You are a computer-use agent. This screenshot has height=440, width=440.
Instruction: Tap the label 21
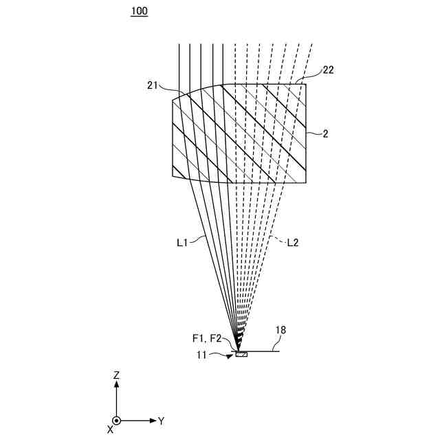click(x=153, y=85)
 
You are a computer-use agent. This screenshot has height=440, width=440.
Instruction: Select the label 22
click(x=329, y=70)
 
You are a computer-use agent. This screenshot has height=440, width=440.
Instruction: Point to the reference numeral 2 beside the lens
click(x=325, y=134)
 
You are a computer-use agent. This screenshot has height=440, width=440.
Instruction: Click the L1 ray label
click(x=181, y=242)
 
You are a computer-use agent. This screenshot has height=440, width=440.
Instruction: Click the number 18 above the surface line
click(x=280, y=331)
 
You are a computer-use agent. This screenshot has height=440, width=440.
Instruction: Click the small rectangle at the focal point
click(x=241, y=354)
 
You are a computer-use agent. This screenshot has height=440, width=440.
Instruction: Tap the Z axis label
click(x=117, y=375)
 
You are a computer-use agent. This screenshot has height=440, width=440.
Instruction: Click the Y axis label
click(x=161, y=420)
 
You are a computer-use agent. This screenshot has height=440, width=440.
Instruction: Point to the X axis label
click(x=110, y=429)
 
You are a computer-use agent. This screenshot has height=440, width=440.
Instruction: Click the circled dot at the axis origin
click(x=117, y=420)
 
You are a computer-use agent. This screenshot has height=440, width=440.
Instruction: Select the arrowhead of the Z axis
click(x=117, y=386)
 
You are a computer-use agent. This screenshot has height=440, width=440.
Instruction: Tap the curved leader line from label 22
click(x=311, y=75)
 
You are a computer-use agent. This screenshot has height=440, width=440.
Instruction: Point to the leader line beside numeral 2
click(x=313, y=135)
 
